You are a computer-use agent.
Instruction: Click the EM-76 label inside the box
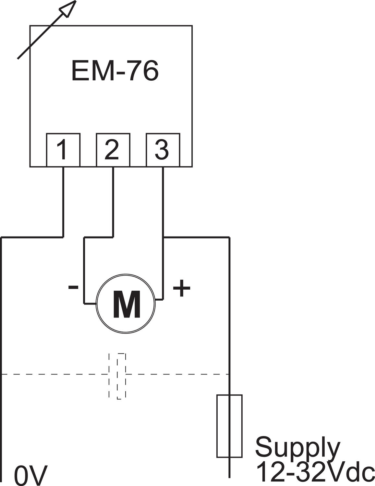(x=115, y=71)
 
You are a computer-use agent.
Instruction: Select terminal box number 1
(x=63, y=150)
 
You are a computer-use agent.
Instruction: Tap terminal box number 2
(x=113, y=150)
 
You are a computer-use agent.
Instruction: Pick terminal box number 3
(x=163, y=150)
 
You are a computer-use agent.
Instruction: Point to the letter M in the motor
(x=127, y=305)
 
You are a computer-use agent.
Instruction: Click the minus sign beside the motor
(x=73, y=287)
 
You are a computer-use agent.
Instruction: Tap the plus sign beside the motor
(x=182, y=287)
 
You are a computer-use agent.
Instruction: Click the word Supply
(x=298, y=447)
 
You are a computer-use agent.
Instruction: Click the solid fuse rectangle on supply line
(x=229, y=426)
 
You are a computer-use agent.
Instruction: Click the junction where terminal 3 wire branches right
(x=163, y=238)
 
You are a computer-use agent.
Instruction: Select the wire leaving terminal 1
(x=63, y=201)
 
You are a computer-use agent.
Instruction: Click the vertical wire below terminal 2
(x=113, y=201)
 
